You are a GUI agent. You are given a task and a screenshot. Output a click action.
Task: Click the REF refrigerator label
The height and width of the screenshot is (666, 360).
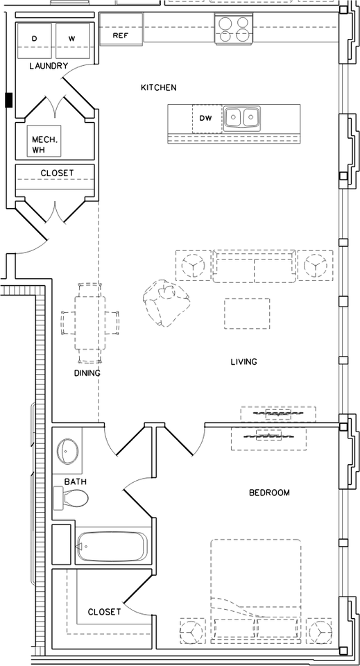(121, 35)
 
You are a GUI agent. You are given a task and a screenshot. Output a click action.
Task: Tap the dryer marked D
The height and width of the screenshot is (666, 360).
(35, 40)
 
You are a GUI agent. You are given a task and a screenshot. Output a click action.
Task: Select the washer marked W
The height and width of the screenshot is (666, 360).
(73, 40)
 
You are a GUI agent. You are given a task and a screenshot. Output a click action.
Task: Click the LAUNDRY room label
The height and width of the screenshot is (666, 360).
(49, 66)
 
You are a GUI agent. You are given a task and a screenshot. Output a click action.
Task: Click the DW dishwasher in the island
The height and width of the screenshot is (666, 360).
(207, 119)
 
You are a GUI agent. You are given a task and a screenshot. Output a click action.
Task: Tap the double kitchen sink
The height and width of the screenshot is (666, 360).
(242, 117)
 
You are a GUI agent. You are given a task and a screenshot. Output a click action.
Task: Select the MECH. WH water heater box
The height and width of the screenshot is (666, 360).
(44, 141)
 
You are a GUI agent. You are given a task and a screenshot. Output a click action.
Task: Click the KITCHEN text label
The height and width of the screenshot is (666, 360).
(158, 88)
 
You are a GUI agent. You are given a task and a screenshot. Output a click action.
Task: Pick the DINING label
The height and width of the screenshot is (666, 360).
(87, 373)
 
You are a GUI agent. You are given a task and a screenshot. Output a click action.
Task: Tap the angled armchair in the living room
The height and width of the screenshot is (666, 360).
(166, 302)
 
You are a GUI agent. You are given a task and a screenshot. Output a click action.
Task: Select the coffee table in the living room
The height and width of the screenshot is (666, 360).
(247, 314)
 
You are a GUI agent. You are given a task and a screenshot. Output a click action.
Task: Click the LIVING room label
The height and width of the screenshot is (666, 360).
(244, 362)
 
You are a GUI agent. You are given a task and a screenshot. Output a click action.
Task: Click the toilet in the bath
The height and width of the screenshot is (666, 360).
(71, 498)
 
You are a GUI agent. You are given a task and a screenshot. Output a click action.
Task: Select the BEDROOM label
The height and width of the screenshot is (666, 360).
(269, 493)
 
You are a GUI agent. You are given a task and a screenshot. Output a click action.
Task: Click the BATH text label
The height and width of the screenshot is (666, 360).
(76, 481)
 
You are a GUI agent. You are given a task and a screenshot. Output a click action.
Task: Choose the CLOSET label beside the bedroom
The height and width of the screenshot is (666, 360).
(104, 612)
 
